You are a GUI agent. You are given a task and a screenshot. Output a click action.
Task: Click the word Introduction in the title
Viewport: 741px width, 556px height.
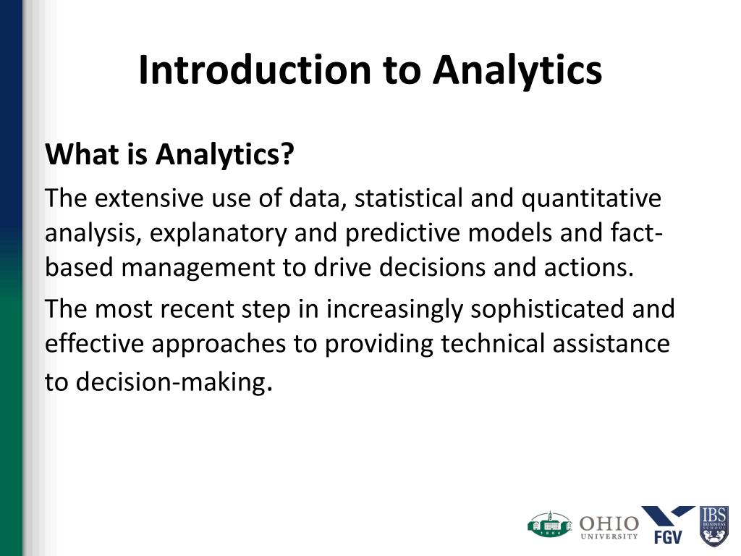click(x=255, y=70)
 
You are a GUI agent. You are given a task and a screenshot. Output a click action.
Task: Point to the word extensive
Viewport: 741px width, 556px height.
click(x=149, y=198)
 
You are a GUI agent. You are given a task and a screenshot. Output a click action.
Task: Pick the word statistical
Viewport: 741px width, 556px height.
click(x=408, y=198)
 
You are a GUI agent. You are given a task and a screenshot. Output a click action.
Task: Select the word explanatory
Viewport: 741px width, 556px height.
click(x=219, y=234)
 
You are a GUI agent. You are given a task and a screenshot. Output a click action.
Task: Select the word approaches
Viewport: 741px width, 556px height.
click(x=219, y=345)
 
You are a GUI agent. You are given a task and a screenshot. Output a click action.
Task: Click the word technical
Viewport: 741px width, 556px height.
click(x=493, y=343)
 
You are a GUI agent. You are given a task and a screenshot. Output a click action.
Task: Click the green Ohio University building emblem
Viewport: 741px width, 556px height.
click(x=550, y=525)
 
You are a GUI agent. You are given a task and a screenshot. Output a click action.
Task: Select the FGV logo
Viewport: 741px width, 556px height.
click(x=668, y=524)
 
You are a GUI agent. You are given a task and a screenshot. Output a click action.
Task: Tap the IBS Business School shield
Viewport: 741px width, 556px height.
click(x=714, y=526)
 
